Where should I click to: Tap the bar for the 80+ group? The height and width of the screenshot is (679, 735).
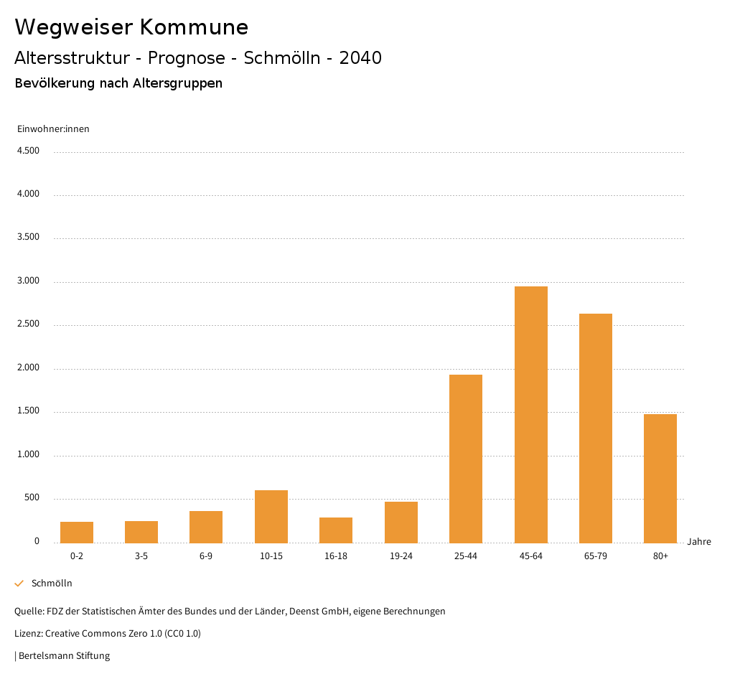click(660, 479)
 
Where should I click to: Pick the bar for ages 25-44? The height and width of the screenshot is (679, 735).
click(465, 459)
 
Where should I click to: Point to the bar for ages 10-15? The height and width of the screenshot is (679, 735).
click(271, 517)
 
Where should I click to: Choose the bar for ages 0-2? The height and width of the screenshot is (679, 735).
click(77, 533)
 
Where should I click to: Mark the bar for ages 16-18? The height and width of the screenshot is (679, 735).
click(336, 530)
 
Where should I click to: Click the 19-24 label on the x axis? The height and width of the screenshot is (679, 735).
click(401, 556)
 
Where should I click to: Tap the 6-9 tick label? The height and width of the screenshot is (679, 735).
click(206, 556)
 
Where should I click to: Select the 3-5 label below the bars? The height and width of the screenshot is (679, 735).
click(141, 556)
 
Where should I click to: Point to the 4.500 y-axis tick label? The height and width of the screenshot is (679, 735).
click(28, 151)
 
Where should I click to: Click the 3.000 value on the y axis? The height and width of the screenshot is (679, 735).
click(28, 281)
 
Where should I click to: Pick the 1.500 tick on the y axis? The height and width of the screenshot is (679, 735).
click(28, 411)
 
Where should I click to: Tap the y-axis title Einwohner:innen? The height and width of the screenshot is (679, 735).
click(53, 129)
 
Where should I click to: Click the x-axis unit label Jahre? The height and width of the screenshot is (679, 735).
click(698, 542)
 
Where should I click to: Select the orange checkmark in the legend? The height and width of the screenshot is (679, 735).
click(19, 584)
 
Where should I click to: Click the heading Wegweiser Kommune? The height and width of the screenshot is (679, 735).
click(131, 27)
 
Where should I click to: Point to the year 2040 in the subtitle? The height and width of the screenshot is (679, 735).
click(360, 58)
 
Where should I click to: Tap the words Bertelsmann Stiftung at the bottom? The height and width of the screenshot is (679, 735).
click(64, 656)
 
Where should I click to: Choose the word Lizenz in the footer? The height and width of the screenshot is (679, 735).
click(28, 634)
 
